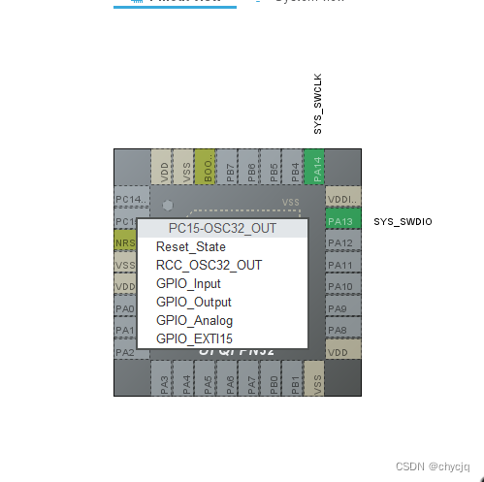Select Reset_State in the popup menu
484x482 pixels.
coord(190,247)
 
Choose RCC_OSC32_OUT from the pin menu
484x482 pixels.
coord(209,265)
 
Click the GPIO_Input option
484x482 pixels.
coord(188,284)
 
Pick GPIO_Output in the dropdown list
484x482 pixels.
coord(193,303)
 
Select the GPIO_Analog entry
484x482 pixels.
coord(194,321)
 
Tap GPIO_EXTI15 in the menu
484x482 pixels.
coord(194,339)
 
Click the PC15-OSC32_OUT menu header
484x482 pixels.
coord(222,228)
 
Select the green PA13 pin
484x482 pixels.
coord(342,221)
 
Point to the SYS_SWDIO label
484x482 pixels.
coord(403,222)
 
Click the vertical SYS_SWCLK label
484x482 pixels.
coord(318,103)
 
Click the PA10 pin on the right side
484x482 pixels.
coord(342,287)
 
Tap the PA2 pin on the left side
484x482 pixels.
coord(125,352)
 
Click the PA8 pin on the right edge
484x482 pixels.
coord(342,331)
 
